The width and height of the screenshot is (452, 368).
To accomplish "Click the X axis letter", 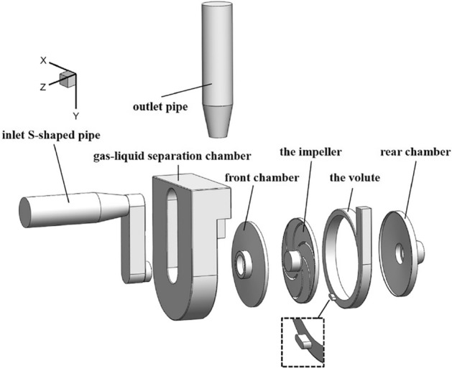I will pyautogui.click(x=43, y=62).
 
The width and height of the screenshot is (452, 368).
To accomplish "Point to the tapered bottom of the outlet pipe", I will pyautogui.click(x=219, y=122).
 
